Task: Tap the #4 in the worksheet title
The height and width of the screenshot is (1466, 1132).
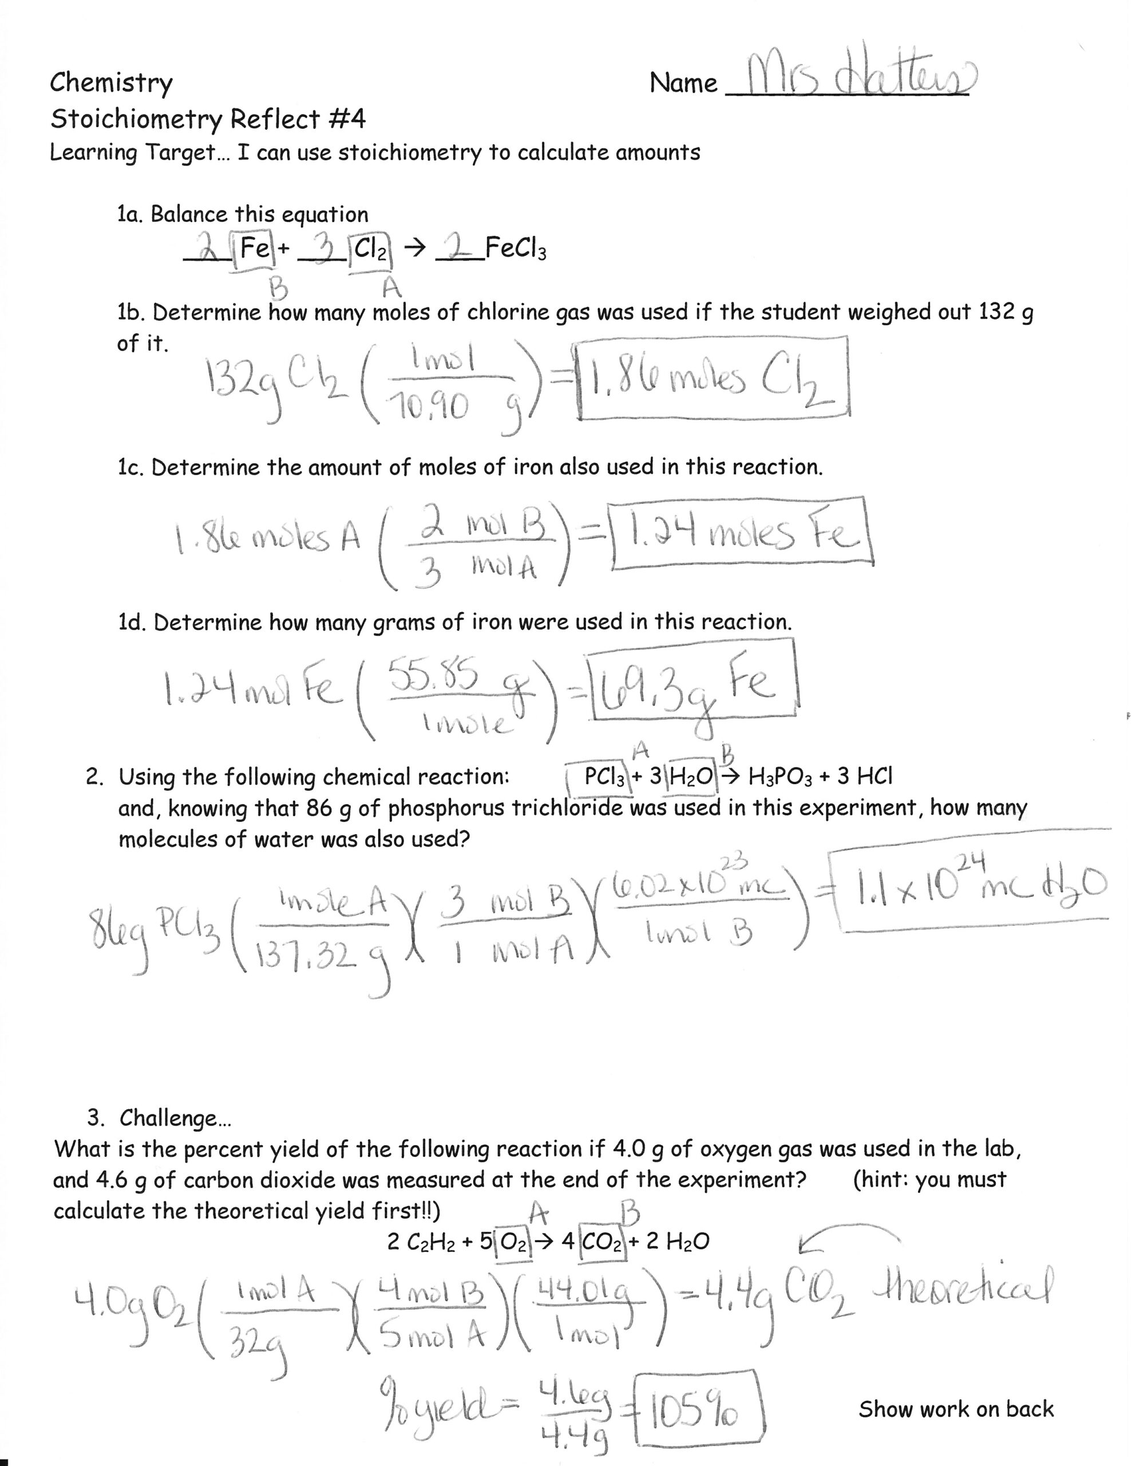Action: tap(347, 120)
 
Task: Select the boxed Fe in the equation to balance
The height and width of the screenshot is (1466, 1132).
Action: tap(255, 249)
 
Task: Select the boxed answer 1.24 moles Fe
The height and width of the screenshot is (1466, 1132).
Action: tap(742, 534)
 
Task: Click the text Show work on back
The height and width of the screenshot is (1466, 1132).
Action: tap(956, 1409)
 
